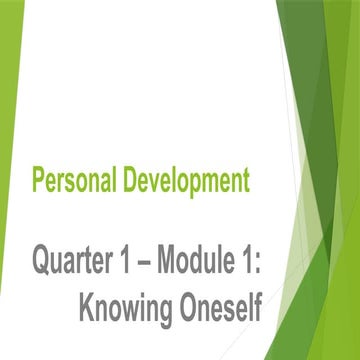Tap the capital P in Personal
(38, 182)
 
